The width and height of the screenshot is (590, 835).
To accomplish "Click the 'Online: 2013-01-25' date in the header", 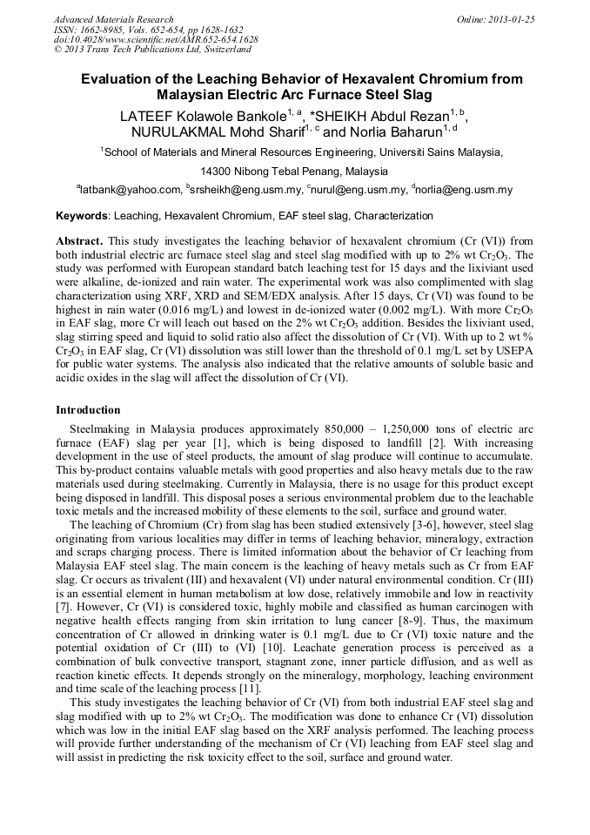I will coord(493,19).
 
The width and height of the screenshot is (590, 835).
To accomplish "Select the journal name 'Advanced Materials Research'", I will coord(113,19).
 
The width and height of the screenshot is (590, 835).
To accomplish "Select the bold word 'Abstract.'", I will coord(80,239).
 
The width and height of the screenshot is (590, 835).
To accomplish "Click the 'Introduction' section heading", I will coord(89,409).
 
